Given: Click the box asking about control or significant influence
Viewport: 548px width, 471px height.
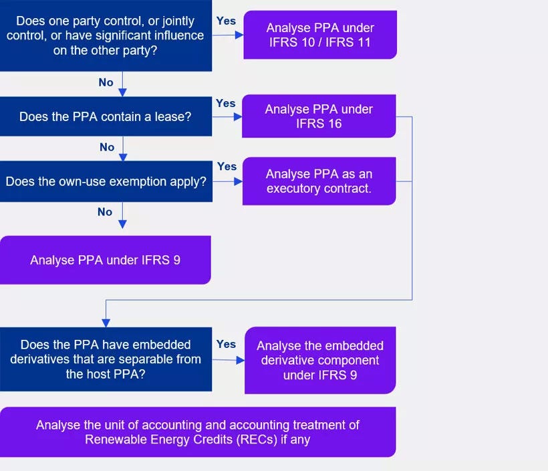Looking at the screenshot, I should pyautogui.click(x=106, y=35).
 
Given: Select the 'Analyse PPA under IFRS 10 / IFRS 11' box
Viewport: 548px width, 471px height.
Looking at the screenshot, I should pyautogui.click(x=320, y=35).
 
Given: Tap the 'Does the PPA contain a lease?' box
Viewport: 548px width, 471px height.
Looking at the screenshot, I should pyautogui.click(x=106, y=116).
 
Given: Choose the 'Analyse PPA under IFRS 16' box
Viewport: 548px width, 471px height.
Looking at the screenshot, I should pyautogui.click(x=319, y=116).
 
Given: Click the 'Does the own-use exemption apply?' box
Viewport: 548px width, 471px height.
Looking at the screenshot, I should pyautogui.click(x=106, y=181).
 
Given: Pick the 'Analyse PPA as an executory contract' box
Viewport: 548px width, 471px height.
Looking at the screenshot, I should pyautogui.click(x=319, y=181).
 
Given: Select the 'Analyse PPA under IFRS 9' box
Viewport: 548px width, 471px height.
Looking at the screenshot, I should pyautogui.click(x=106, y=260).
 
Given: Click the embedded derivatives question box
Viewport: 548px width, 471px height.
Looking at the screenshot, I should pyautogui.click(x=106, y=359).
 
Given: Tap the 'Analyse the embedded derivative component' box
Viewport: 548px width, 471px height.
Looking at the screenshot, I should pyautogui.click(x=320, y=360).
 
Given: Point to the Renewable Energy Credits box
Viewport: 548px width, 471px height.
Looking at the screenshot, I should pyautogui.click(x=198, y=432).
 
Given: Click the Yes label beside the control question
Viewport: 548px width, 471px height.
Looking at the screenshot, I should pyautogui.click(x=226, y=21).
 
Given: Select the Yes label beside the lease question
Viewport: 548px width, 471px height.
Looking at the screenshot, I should pyautogui.click(x=226, y=103).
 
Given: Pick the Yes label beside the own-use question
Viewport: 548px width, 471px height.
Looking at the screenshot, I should pyautogui.click(x=227, y=166).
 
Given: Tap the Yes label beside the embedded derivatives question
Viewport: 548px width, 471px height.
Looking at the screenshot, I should pyautogui.click(x=226, y=344).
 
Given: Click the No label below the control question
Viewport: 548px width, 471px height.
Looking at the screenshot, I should pyautogui.click(x=106, y=82).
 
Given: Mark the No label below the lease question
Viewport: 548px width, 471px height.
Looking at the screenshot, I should pyautogui.click(x=107, y=147).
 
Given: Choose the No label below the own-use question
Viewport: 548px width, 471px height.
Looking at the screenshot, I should pyautogui.click(x=105, y=212).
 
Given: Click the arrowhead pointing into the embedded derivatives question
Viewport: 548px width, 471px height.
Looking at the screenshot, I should pyautogui.click(x=106, y=322).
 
